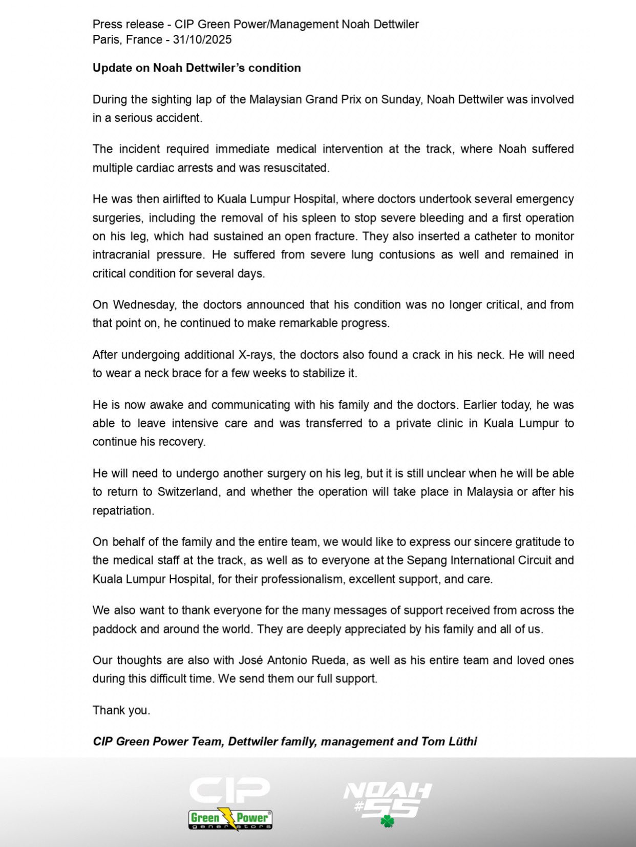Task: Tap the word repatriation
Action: [x=123, y=511]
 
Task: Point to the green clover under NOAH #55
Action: [x=388, y=821]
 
